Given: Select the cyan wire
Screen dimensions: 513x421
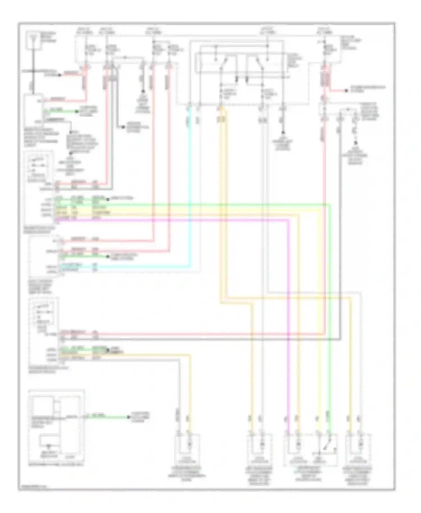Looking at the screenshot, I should click(x=190, y=196).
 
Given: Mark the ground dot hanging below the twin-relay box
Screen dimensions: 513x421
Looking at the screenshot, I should click(x=283, y=133).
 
